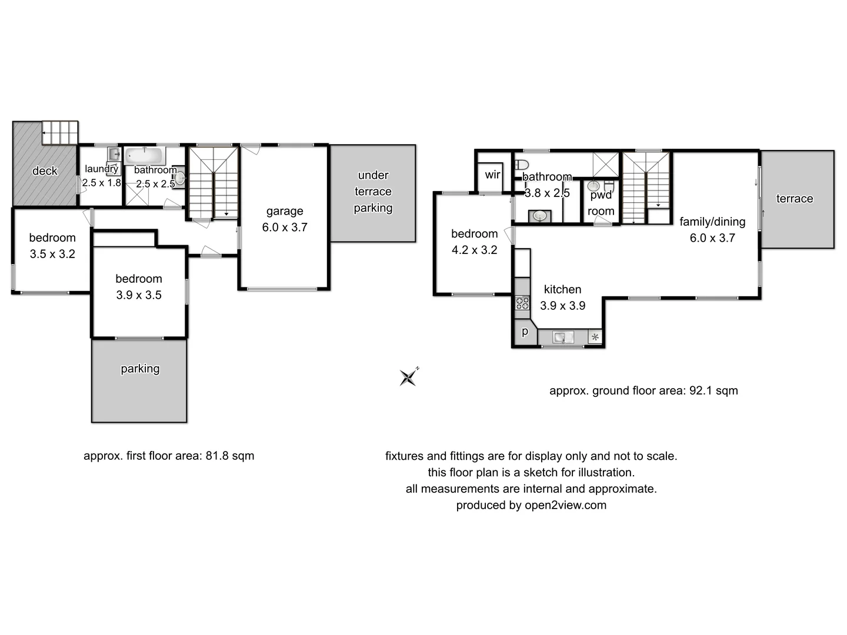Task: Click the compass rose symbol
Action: coord(408,377)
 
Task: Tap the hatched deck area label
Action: coord(45,171)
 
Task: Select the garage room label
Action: coord(285,211)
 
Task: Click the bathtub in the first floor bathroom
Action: coord(144,156)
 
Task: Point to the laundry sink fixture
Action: coord(114,155)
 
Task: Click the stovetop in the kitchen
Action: coord(522,303)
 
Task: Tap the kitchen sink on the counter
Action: coord(563,337)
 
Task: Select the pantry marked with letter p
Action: coord(525,332)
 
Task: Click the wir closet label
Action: coord(492,175)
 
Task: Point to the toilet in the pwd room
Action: coord(609,187)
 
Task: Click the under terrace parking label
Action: coord(373,192)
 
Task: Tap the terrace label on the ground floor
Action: coord(794,199)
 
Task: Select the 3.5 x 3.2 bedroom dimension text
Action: coord(52,254)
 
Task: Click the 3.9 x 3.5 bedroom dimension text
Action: coord(139,295)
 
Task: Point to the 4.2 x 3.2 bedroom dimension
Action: coord(474,250)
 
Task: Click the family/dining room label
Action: coord(712,222)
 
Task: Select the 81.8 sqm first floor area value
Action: coord(229,456)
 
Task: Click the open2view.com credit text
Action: coord(565,505)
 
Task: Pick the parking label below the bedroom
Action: coord(140,369)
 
